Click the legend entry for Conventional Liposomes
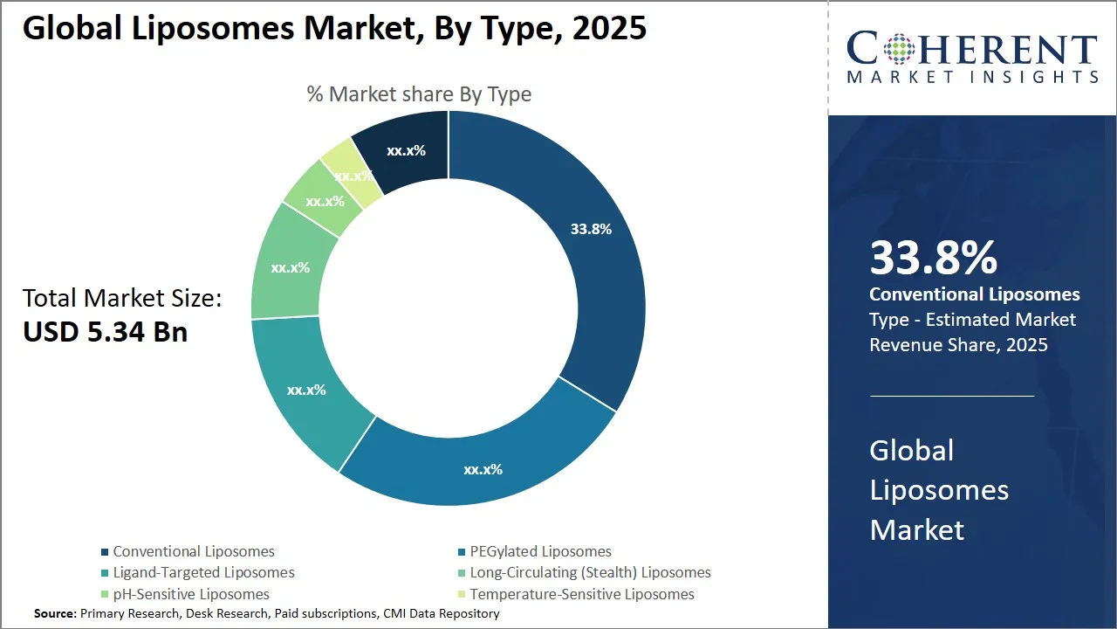194,551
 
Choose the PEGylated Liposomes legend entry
540,551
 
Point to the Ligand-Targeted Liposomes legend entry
203,572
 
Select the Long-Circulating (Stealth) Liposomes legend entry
590,572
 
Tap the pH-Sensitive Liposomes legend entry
191,594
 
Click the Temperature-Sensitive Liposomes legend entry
582,594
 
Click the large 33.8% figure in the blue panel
933,258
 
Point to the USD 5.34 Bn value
105,332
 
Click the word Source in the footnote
54,614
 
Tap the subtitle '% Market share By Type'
419,93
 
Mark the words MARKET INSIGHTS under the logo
972,77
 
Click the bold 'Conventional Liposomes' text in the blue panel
975,294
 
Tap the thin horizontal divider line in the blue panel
952,396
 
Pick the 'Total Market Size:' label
122,298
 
